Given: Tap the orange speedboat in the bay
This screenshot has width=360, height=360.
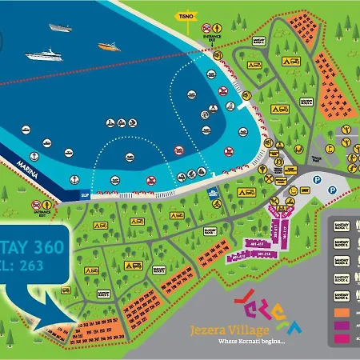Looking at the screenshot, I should pyautogui.click(x=110, y=47).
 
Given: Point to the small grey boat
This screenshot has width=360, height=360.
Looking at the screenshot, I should pyautogui.click(x=60, y=27).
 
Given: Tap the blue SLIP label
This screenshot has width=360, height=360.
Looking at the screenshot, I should pyautogui.click(x=85, y=194).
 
